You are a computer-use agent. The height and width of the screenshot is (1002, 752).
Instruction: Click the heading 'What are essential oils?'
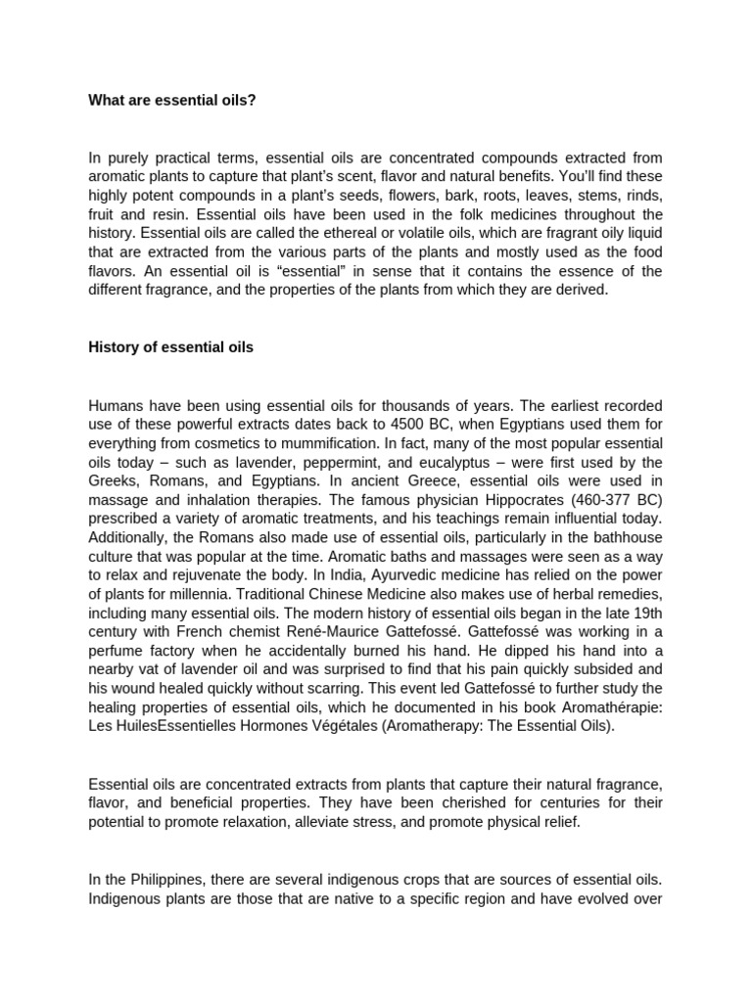pos(172,100)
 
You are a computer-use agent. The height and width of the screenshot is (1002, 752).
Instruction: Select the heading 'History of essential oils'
pos(171,347)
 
